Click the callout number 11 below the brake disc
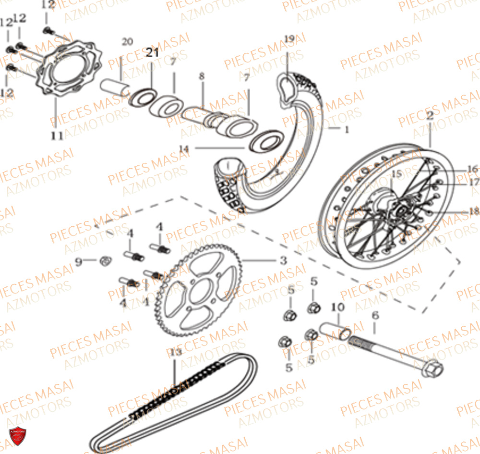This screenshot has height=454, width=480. [57, 136]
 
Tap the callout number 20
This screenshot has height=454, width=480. [127, 42]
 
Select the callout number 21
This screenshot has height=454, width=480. [152, 53]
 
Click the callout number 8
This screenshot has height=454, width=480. [202, 76]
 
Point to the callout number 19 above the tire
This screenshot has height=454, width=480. [288, 38]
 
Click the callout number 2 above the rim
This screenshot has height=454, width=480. [430, 115]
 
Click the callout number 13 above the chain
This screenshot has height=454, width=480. [176, 353]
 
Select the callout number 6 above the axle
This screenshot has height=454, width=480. [375, 315]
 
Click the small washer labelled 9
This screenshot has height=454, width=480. [104, 261]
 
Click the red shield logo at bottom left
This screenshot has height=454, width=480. [18, 436]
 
